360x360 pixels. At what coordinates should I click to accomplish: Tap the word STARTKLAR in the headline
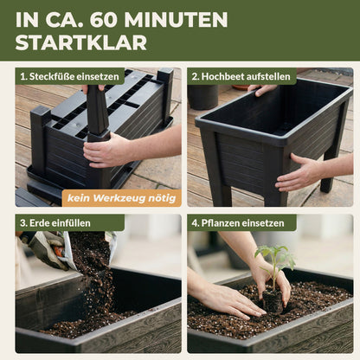click(x=81, y=43)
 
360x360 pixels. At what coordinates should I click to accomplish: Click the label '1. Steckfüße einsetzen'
click(x=70, y=76)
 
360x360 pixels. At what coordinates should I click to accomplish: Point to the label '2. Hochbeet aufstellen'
click(x=241, y=76)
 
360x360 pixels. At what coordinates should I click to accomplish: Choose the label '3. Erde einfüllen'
click(x=55, y=223)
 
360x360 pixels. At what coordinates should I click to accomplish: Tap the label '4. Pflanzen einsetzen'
click(x=238, y=223)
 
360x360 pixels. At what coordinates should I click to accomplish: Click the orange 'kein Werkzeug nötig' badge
click(x=121, y=198)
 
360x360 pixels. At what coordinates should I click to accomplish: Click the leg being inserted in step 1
click(x=98, y=112)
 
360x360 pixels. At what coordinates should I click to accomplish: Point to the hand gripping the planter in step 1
click(x=106, y=150)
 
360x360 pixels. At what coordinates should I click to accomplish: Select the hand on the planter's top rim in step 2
click(x=262, y=90)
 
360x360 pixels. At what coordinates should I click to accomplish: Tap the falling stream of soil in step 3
click(x=95, y=277)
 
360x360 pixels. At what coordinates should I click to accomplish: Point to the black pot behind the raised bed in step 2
click(x=203, y=97)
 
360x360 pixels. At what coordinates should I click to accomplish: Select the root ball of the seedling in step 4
click(x=273, y=302)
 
